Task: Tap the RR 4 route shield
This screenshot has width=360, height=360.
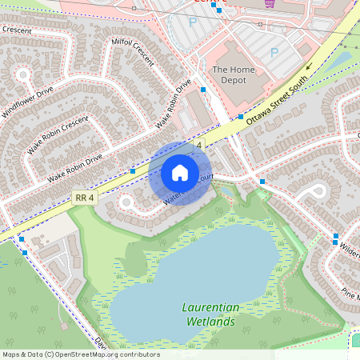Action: pos(83,197)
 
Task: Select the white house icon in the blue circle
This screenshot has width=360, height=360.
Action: pos(180,173)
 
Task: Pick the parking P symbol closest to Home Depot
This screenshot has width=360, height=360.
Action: pos(274,52)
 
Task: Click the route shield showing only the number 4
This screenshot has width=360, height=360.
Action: pos(198,143)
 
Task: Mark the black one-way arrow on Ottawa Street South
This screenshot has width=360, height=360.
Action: pos(308,69)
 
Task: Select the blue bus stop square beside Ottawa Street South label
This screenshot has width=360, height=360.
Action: pos(240,117)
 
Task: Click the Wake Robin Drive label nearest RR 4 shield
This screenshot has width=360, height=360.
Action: pos(74,167)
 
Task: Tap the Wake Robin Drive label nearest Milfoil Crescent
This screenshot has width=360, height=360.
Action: pos(174,104)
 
